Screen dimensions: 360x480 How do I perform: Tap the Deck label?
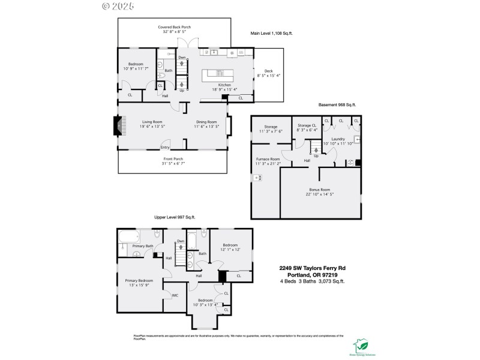(265, 74)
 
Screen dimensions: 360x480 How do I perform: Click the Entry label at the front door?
(165, 148)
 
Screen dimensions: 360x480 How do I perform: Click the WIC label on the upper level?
(175, 295)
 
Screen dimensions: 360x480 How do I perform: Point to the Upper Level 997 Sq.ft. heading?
(175, 217)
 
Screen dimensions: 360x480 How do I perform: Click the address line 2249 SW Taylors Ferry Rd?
(312, 268)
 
